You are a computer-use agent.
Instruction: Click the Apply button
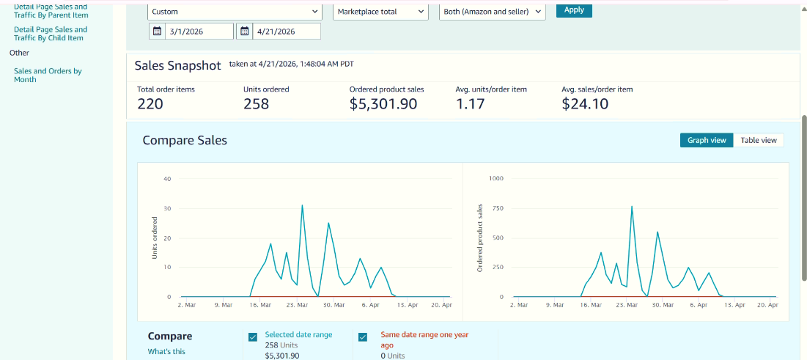coord(574,10)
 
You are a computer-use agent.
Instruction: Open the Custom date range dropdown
coord(235,12)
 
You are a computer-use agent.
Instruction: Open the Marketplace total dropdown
coord(380,12)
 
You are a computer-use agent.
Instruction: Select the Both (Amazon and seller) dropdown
coord(492,12)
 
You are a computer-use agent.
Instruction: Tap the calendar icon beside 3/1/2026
coord(157,31)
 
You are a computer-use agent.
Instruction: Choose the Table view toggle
coord(758,140)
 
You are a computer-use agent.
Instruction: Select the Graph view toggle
coord(707,140)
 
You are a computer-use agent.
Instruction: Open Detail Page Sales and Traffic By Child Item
coord(50,34)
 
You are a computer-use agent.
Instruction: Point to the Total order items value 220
coord(150,104)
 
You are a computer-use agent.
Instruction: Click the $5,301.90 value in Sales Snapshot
coord(383,104)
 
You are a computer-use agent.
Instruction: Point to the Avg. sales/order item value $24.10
coord(585,104)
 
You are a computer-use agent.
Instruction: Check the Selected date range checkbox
coord(253,337)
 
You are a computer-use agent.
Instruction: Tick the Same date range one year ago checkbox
coord(363,337)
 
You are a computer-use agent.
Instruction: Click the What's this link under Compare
coord(166,351)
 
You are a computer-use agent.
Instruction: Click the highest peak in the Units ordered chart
coord(302,206)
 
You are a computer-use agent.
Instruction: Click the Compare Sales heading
coord(185,140)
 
